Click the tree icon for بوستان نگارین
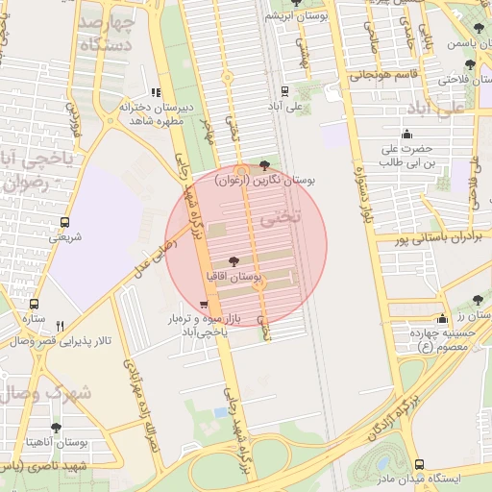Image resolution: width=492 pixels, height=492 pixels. coord(265,165)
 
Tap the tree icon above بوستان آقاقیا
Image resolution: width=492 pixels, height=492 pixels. coord(234,261)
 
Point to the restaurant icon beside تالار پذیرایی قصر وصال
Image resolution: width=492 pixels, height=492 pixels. coord(60,326)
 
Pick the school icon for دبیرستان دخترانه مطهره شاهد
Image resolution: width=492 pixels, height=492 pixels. coord(157,92)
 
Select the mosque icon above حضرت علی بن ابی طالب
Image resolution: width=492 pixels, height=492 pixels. coord(407,134)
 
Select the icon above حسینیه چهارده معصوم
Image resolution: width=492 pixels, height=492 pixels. coord(442,318)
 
